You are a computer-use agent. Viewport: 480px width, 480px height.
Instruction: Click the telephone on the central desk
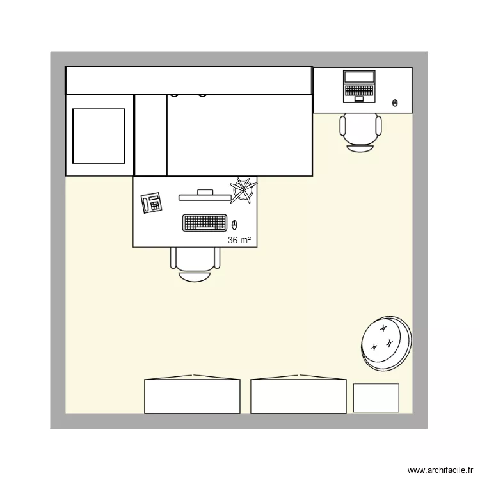click(x=152, y=203)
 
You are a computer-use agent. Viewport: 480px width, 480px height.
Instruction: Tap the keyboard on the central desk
click(x=205, y=223)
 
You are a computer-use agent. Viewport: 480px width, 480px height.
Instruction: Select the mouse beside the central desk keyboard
click(x=234, y=224)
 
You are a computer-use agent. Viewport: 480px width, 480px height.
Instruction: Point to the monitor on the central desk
click(x=205, y=195)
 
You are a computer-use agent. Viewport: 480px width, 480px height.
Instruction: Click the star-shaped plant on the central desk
click(x=243, y=189)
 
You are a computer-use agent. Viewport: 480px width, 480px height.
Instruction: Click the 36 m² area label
click(x=239, y=240)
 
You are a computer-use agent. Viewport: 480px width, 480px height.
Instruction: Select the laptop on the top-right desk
click(x=359, y=86)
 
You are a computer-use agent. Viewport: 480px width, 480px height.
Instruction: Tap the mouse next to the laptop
click(x=394, y=102)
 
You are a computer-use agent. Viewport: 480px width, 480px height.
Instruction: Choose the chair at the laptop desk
click(x=360, y=131)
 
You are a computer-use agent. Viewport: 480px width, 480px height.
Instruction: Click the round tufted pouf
click(x=385, y=342)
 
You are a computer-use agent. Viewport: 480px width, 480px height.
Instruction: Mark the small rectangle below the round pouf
click(x=376, y=397)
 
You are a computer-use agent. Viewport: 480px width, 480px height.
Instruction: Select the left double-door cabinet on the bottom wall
click(x=192, y=396)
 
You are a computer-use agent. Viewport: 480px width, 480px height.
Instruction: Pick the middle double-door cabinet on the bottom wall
click(x=298, y=396)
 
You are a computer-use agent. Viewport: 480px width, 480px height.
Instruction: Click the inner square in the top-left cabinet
click(x=99, y=136)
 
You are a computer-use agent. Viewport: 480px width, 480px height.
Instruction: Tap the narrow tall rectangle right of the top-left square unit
click(x=151, y=134)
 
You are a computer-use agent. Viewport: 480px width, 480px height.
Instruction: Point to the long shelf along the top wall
click(x=189, y=80)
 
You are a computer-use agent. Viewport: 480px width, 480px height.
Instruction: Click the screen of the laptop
click(x=359, y=77)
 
